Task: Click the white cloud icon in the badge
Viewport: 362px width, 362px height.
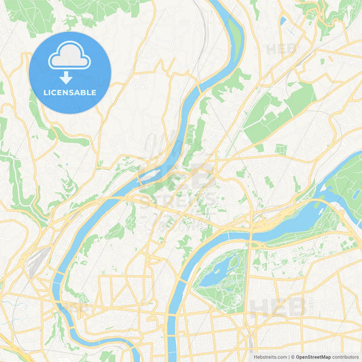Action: click(70, 58)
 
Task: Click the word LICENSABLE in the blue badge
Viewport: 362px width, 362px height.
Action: click(70, 92)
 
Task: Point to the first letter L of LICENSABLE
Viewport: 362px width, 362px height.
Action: click(46, 92)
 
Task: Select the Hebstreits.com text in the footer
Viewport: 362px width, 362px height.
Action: click(268, 356)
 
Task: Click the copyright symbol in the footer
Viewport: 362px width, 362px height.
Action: click(293, 356)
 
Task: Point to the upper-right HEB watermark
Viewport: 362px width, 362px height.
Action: click(281, 49)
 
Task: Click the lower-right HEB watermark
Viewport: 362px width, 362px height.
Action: click(278, 307)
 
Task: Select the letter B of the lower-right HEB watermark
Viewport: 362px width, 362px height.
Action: click(297, 307)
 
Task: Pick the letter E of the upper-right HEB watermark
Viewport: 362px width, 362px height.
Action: click(281, 49)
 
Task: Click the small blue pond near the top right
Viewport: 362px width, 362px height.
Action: click(283, 20)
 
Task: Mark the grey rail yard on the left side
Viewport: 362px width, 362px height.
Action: click(37, 261)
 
